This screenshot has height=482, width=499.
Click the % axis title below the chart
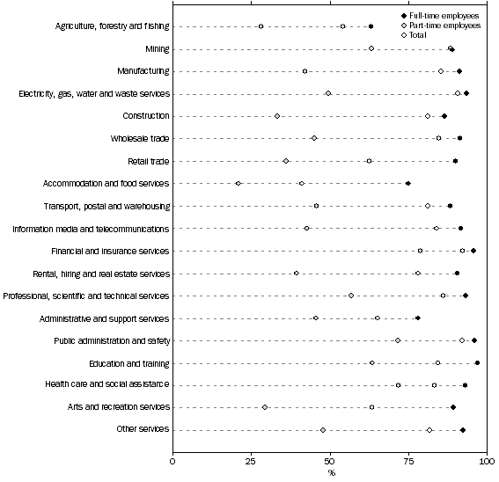(x=332, y=473)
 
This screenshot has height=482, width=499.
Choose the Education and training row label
(x=129, y=362)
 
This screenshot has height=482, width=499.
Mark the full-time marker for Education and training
(x=477, y=362)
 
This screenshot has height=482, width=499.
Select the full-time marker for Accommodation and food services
(x=408, y=184)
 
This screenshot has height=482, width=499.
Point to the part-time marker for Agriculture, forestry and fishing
(x=261, y=26)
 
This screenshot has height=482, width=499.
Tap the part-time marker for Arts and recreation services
(x=265, y=407)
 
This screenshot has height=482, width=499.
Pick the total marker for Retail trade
(x=369, y=161)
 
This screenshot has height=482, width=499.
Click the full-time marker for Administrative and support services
(x=418, y=318)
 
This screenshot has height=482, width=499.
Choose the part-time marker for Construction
(x=277, y=116)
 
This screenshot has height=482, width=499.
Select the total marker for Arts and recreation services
(x=371, y=407)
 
